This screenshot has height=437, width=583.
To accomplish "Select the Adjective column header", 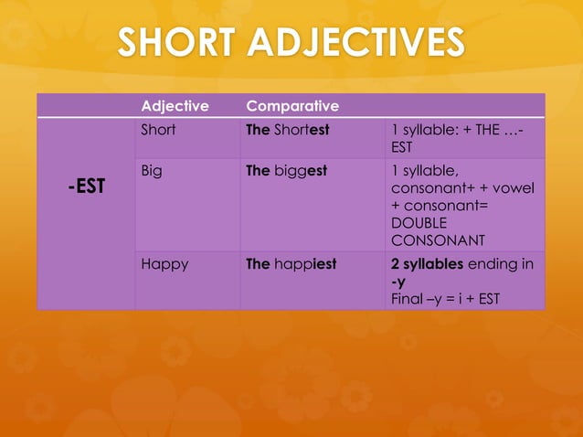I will (x=174, y=106).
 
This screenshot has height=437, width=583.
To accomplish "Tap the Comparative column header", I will (x=292, y=106).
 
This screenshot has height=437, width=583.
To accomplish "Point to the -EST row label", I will (x=86, y=187).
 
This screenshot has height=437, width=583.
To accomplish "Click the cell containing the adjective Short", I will (x=158, y=130).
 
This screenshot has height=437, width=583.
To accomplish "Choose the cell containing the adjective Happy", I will (x=164, y=264).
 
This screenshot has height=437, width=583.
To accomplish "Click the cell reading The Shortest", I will (x=288, y=130).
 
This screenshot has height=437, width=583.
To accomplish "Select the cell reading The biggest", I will (x=287, y=170).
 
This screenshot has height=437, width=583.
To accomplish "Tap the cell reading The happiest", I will (x=291, y=264).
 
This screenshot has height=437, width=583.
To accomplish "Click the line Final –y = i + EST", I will (x=445, y=298).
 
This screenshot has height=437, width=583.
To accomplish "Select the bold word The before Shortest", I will (x=258, y=130).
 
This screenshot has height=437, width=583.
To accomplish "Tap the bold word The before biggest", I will (x=258, y=170).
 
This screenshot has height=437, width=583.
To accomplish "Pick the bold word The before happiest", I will (x=258, y=264).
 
